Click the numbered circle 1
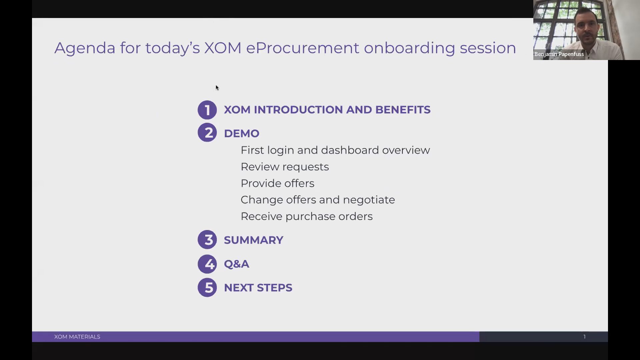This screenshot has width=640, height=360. pyautogui.click(x=207, y=110)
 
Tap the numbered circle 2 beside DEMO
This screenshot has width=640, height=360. pyautogui.click(x=207, y=132)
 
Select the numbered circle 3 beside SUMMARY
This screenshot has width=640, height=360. pyautogui.click(x=207, y=239)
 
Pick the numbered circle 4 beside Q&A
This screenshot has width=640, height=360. pyautogui.click(x=207, y=264)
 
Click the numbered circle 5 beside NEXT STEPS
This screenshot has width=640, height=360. pyautogui.click(x=207, y=287)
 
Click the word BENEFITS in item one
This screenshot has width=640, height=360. pyautogui.click(x=403, y=110)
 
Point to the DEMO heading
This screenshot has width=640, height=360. pyautogui.click(x=241, y=133)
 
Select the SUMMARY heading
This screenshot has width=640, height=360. pyautogui.click(x=253, y=240)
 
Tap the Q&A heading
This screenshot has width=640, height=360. pyautogui.click(x=236, y=264)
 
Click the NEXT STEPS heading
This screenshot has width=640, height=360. pyautogui.click(x=258, y=288)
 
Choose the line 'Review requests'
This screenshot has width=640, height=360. pyautogui.click(x=285, y=167)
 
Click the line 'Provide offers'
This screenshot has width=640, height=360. pyautogui.click(x=277, y=183)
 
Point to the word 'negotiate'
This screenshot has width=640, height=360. pyautogui.click(x=369, y=200)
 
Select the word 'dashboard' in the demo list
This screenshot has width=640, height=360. pyautogui.click(x=350, y=150)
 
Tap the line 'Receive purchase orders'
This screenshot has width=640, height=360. pyautogui.click(x=307, y=217)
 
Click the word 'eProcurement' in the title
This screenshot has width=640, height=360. pyautogui.click(x=303, y=48)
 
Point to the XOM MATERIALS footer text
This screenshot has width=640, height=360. pyautogui.click(x=77, y=337)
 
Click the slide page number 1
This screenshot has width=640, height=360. pyautogui.click(x=584, y=337)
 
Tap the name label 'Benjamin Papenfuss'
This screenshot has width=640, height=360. pyautogui.click(x=559, y=54)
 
